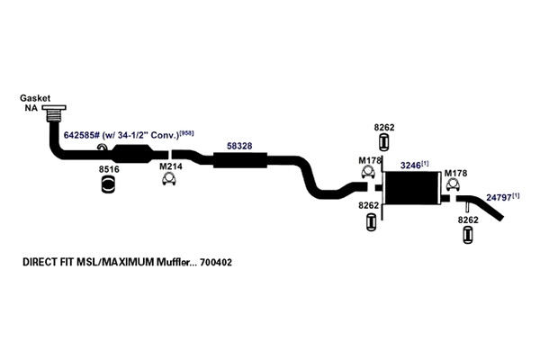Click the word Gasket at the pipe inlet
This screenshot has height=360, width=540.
[35, 98]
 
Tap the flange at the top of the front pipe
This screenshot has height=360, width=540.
[54, 108]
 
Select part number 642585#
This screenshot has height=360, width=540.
[82, 135]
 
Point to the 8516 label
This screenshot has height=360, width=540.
[109, 169]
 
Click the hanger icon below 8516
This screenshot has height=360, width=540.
[108, 184]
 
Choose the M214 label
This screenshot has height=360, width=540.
[171, 166]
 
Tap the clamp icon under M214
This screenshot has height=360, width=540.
[169, 179]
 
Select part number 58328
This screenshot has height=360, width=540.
[239, 146]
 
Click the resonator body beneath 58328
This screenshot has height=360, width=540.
[240, 160]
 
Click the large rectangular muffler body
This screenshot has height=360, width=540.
[412, 188]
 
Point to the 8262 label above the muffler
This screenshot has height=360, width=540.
[384, 128]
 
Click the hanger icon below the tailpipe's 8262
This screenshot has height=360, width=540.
[468, 235]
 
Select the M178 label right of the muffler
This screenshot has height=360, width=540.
[455, 174]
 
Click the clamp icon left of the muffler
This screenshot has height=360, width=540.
[368, 172]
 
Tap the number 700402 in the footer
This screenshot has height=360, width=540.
[216, 263]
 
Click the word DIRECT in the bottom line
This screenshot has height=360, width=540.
[36, 262]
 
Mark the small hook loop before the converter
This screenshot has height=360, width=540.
[103, 147]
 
